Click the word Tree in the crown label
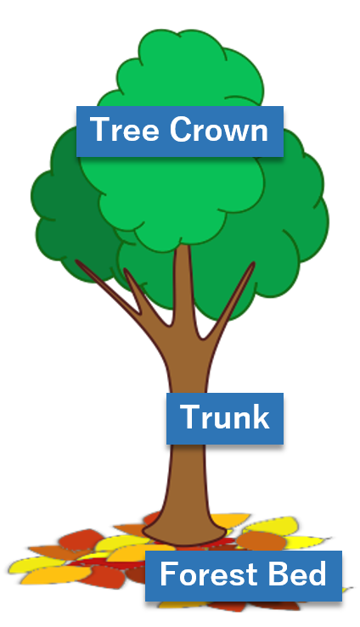125,129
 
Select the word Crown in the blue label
219,129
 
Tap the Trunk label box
225,418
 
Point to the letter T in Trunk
190,417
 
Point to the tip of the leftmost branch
76,261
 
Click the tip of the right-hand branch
253,263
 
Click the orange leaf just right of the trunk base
261,540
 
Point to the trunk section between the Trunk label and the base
187,480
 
